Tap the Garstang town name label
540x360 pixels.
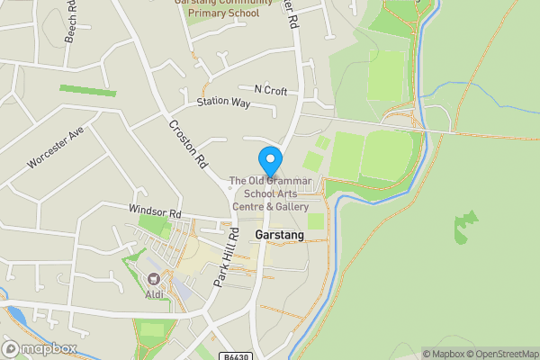pyautogui.click(x=280, y=235)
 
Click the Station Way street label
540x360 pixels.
pyautogui.click(x=223, y=103)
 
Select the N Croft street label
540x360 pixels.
pyautogui.click(x=271, y=89)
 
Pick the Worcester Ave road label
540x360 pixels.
pyautogui.click(x=55, y=147)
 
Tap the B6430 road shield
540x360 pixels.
pyautogui.click(x=236, y=355)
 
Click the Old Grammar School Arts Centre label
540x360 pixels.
pyautogui.click(x=270, y=193)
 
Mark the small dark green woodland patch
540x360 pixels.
pyautogui.click(x=465, y=227)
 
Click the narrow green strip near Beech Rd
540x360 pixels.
pyautogui.click(x=87, y=91)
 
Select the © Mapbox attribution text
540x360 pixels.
pyautogui.click(x=445, y=354)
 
